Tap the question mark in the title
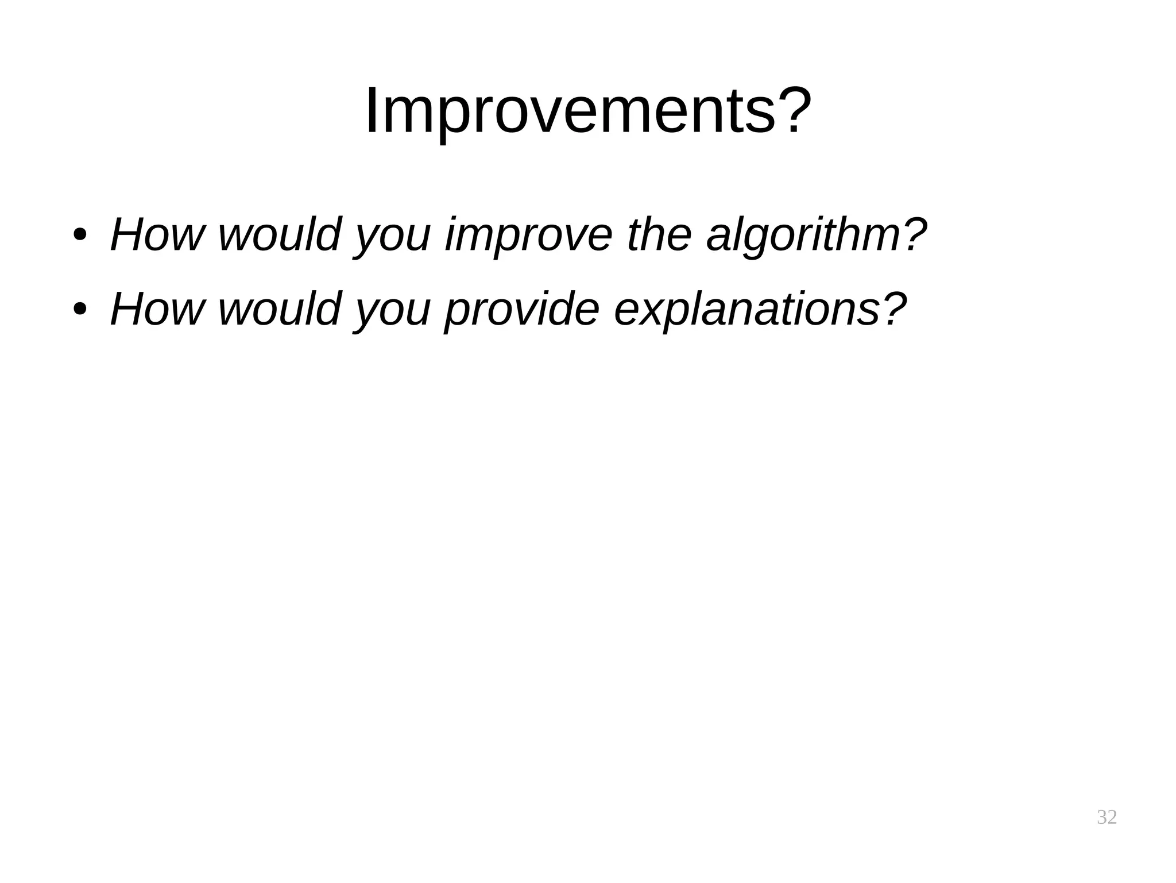coord(792,109)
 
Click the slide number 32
coord(1107,816)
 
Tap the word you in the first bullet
coord(392,237)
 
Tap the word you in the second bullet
coord(392,311)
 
